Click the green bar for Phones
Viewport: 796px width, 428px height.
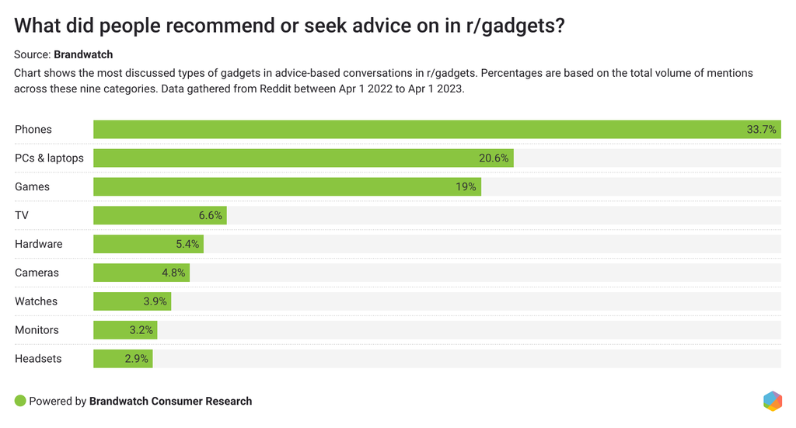pos(420,130)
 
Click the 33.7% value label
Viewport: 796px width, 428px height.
pos(761,130)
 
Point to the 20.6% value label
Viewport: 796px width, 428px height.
pos(494,158)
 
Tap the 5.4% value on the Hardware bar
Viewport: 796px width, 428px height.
pos(187,244)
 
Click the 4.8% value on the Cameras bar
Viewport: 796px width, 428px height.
pos(173,273)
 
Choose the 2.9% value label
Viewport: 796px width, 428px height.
pos(137,359)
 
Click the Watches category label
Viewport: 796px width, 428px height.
pos(36,301)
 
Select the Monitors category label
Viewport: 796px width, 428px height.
pos(37,330)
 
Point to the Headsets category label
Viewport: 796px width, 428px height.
pos(38,359)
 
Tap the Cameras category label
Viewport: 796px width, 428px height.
pos(37,273)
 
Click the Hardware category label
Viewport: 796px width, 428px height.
pos(38,244)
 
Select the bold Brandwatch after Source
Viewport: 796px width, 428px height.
pos(83,54)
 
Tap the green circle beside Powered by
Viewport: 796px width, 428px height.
pos(20,401)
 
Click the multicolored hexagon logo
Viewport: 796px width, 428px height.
pos(772,401)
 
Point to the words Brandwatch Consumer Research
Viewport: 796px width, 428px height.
pos(170,402)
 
